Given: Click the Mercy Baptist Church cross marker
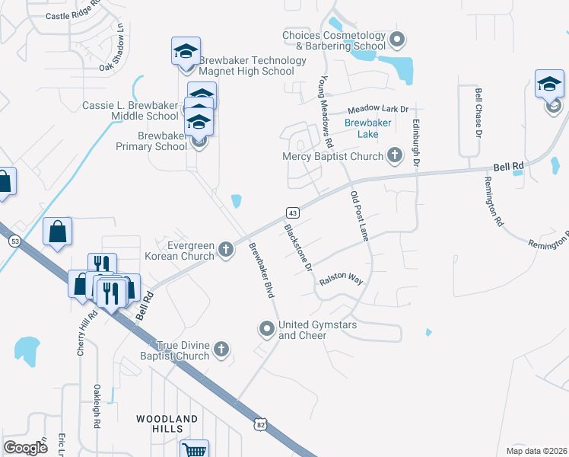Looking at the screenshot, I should pos(394,155).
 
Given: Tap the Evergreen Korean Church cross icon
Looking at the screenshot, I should pos(225,249).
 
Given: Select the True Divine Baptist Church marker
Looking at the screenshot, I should pos(221,350).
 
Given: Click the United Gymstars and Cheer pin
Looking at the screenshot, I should pos(266,329).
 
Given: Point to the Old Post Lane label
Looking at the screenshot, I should pos(359,216).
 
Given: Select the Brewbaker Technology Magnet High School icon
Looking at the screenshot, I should pos(186,52).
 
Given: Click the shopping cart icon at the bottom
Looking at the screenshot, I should pos(195,450).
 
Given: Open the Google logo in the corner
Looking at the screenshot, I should pos(26,447).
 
